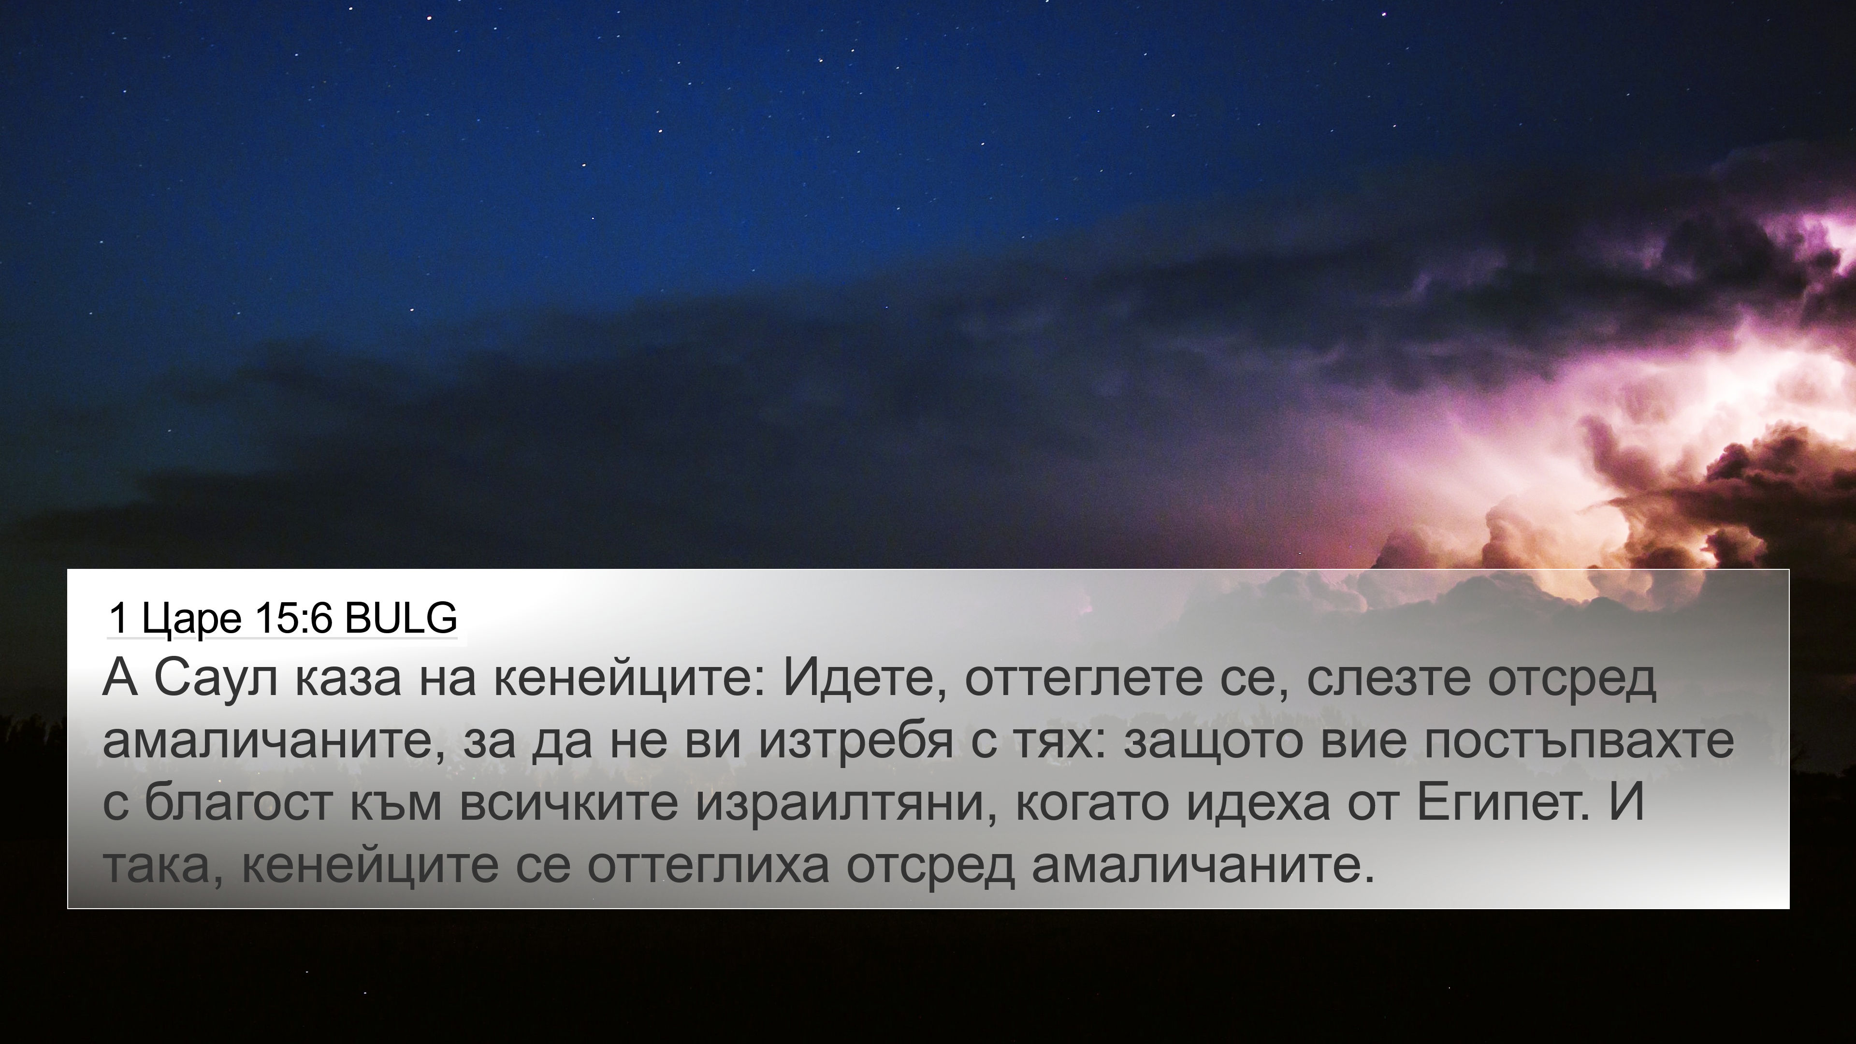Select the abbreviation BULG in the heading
(401, 618)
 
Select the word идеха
(1257, 803)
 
